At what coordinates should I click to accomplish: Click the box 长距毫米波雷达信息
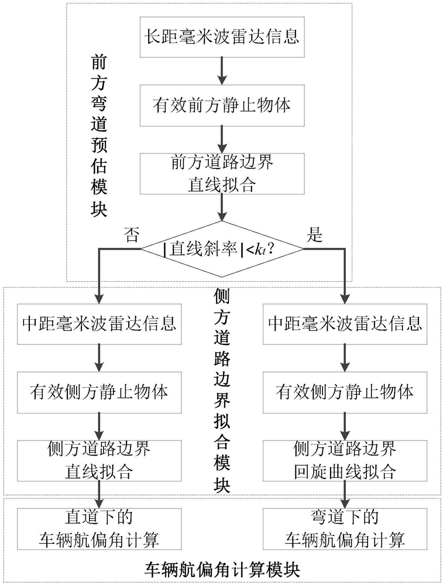coord(222,36)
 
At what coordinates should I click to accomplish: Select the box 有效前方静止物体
coord(222,105)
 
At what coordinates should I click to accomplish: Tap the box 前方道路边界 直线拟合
coord(222,173)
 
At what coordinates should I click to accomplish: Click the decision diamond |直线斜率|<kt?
coord(222,249)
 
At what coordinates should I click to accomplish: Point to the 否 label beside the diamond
coord(132,235)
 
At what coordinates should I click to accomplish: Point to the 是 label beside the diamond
coord(314,235)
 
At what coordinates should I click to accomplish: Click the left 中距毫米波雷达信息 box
coord(99,324)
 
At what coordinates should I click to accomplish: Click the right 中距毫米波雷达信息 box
coord(345,324)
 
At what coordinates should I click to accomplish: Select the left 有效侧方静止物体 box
coord(99,392)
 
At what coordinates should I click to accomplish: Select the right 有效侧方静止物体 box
coord(345,392)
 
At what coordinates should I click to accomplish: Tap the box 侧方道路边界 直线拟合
coord(99,461)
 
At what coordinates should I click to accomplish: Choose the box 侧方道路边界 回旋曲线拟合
coord(345,461)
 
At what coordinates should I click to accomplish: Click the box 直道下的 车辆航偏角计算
coord(99,530)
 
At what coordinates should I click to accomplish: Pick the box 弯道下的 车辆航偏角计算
coord(345,530)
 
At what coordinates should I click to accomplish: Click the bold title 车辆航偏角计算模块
coord(222,568)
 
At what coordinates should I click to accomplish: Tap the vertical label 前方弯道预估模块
coord(99,136)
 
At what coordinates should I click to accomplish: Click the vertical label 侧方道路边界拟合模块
coord(222,391)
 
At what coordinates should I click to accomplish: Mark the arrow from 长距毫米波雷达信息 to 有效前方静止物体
coord(222,71)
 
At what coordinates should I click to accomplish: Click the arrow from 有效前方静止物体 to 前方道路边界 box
coord(222,139)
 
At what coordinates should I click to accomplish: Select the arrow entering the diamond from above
coord(222,207)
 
